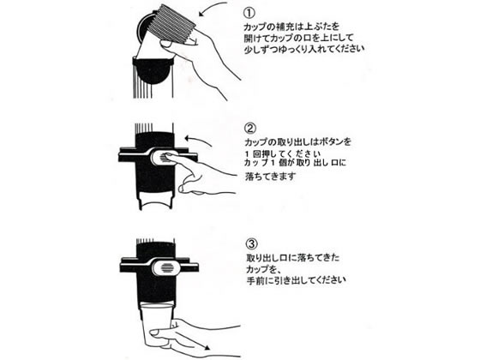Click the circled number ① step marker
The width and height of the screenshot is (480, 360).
point(249,13)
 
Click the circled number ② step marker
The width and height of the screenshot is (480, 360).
point(250,129)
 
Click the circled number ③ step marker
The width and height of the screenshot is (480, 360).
point(252,244)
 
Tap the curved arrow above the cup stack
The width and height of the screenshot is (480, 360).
point(213,8)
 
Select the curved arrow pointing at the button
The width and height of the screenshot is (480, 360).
point(198,141)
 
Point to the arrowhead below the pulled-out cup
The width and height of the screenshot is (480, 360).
point(207,347)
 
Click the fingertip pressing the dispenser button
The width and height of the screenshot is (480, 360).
point(168,156)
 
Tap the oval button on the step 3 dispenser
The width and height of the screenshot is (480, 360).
point(166,267)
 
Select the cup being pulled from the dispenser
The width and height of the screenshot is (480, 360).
point(157,325)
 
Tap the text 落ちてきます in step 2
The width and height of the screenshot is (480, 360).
point(271,177)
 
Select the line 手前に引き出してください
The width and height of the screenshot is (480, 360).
point(296,279)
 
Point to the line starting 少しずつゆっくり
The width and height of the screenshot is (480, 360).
point(304,49)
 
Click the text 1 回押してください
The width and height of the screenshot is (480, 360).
point(283,153)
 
